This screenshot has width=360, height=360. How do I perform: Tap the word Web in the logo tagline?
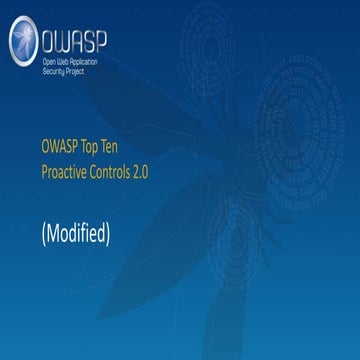tap(65, 62)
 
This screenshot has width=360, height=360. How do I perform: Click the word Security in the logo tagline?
tap(54, 71)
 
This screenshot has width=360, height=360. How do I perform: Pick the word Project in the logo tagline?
tap(79, 71)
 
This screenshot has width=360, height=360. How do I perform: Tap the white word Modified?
tap(76, 234)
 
